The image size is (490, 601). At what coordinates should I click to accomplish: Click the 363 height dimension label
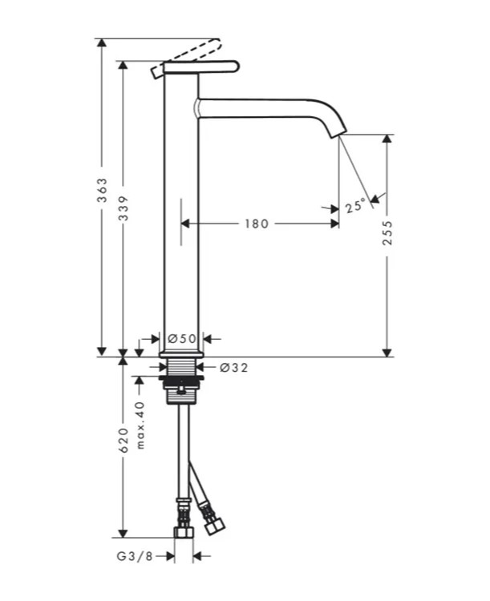click(102, 190)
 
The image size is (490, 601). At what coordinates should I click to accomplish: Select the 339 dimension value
click(123, 208)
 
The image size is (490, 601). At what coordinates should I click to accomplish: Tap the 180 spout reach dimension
click(257, 224)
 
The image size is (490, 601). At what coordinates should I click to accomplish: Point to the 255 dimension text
click(387, 232)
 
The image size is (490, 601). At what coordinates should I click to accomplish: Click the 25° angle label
click(355, 206)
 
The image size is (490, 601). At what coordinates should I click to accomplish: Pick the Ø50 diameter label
click(182, 338)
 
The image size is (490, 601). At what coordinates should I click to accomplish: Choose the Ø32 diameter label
click(233, 368)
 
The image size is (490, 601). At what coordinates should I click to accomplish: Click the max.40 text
click(140, 425)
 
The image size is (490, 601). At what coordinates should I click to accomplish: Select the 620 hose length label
click(123, 441)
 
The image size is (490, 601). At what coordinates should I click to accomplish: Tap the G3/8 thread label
click(135, 556)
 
